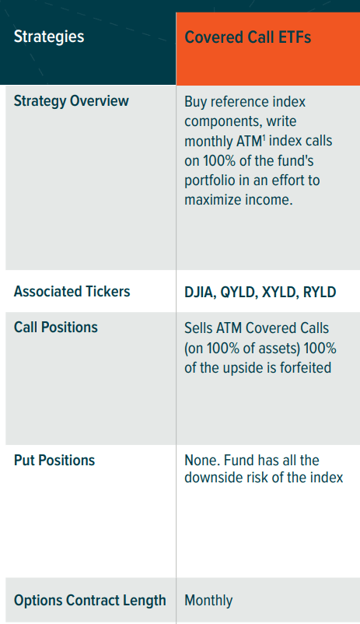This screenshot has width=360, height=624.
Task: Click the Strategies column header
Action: [49, 37]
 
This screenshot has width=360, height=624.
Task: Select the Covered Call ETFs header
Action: [247, 37]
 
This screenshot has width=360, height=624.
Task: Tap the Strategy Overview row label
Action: [72, 101]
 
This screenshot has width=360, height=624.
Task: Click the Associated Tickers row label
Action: [72, 292]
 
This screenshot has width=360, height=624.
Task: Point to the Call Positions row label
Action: [56, 327]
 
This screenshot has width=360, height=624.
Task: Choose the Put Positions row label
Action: [54, 461]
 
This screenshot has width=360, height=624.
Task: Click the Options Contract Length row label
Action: [90, 600]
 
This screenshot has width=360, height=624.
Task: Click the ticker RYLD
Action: [320, 292]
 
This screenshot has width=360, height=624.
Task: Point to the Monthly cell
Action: [208, 601]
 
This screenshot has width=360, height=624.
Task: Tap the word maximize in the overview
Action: [213, 200]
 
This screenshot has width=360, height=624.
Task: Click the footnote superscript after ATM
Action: [264, 136]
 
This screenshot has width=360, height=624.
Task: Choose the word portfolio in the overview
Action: [210, 181]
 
